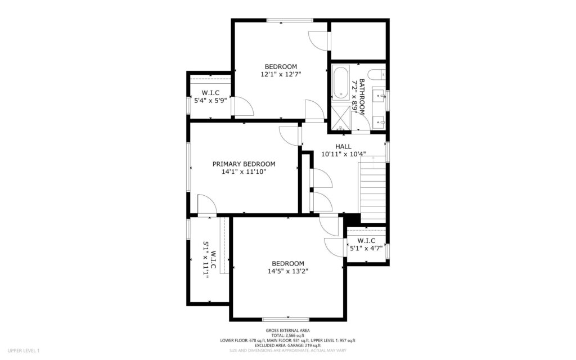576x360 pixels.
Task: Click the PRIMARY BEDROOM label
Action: pos(244,164)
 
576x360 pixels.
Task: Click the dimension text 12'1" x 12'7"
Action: pos(281,74)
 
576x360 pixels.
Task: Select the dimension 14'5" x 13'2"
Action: pos(288,271)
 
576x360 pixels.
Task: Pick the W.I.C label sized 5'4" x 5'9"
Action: pos(210,93)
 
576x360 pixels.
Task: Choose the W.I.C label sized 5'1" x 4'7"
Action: pos(366,241)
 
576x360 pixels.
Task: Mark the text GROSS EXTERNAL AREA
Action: pos(287,331)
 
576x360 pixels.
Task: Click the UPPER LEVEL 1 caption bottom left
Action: pos(24,350)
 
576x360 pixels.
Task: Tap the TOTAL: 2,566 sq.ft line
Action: pos(287,335)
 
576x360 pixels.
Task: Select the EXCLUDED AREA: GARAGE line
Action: pos(287,345)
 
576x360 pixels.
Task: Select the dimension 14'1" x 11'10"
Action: pos(244,172)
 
